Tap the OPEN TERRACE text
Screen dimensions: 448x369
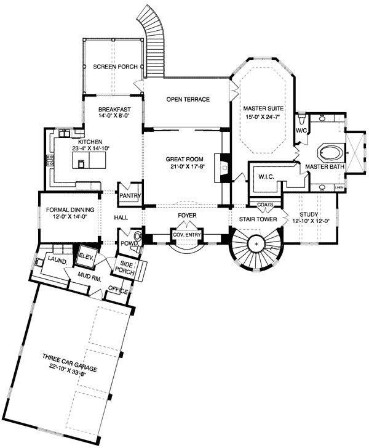(188, 99)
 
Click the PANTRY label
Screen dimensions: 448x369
(131, 196)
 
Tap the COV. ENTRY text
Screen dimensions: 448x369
(185, 234)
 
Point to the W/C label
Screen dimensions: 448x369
(301, 131)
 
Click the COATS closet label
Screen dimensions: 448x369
(266, 205)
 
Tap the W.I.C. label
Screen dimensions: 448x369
(266, 177)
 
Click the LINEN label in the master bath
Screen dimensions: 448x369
(338, 186)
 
